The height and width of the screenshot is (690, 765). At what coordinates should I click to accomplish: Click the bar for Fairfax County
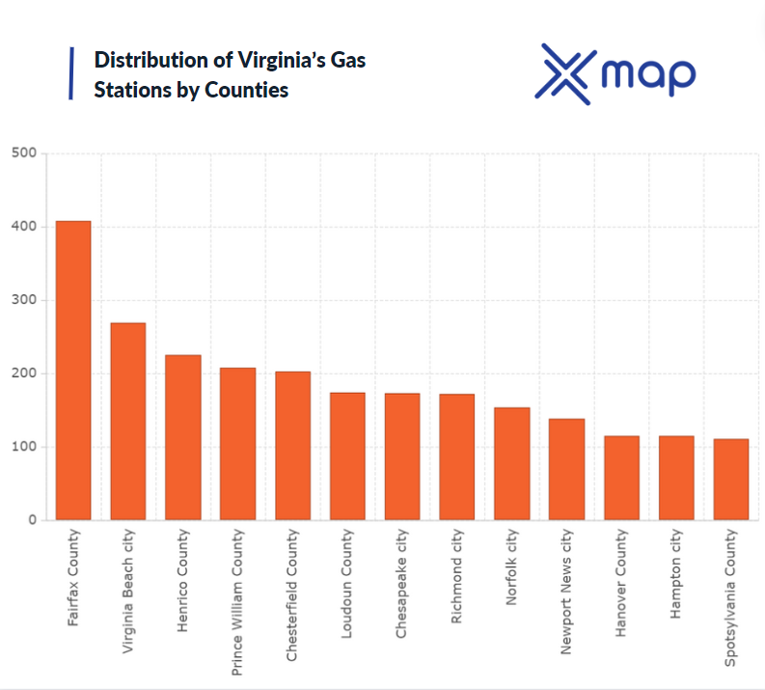click(x=72, y=371)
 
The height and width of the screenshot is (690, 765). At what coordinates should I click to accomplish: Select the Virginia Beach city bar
click(x=127, y=422)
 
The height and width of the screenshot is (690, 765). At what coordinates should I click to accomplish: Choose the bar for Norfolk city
click(x=512, y=464)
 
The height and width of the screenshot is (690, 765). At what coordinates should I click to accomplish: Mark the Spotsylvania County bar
click(x=731, y=480)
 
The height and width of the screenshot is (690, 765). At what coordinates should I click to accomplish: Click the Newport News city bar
click(x=567, y=470)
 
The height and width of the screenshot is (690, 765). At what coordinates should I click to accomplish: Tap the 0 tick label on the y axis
click(x=32, y=520)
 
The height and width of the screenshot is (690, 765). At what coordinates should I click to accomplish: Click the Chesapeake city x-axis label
click(x=402, y=583)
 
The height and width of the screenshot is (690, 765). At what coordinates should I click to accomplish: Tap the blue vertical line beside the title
click(x=71, y=74)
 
